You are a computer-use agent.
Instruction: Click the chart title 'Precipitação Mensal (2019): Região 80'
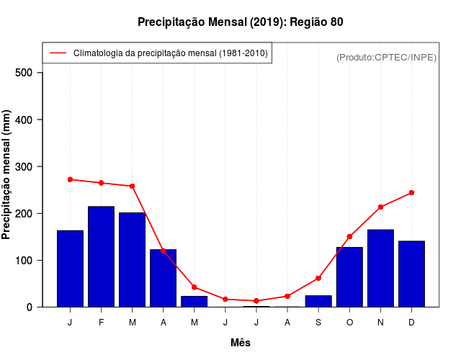click(x=240, y=22)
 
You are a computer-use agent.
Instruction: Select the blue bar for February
click(x=101, y=256)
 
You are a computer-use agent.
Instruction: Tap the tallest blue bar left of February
click(x=70, y=269)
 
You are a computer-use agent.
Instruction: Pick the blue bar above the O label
click(x=349, y=277)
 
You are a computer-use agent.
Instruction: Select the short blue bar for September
click(x=318, y=301)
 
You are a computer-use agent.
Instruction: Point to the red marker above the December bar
click(x=411, y=193)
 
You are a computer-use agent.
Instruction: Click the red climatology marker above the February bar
click(x=101, y=183)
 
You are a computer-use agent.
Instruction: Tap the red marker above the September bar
click(x=318, y=278)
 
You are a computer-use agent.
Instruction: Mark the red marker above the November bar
click(x=380, y=207)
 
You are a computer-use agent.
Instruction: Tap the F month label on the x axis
click(x=101, y=323)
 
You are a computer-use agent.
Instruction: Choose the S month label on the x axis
click(x=318, y=323)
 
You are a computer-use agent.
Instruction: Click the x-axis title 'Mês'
click(x=240, y=343)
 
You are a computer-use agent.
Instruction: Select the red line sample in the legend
click(x=58, y=53)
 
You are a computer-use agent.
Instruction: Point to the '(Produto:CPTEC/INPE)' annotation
click(x=386, y=57)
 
